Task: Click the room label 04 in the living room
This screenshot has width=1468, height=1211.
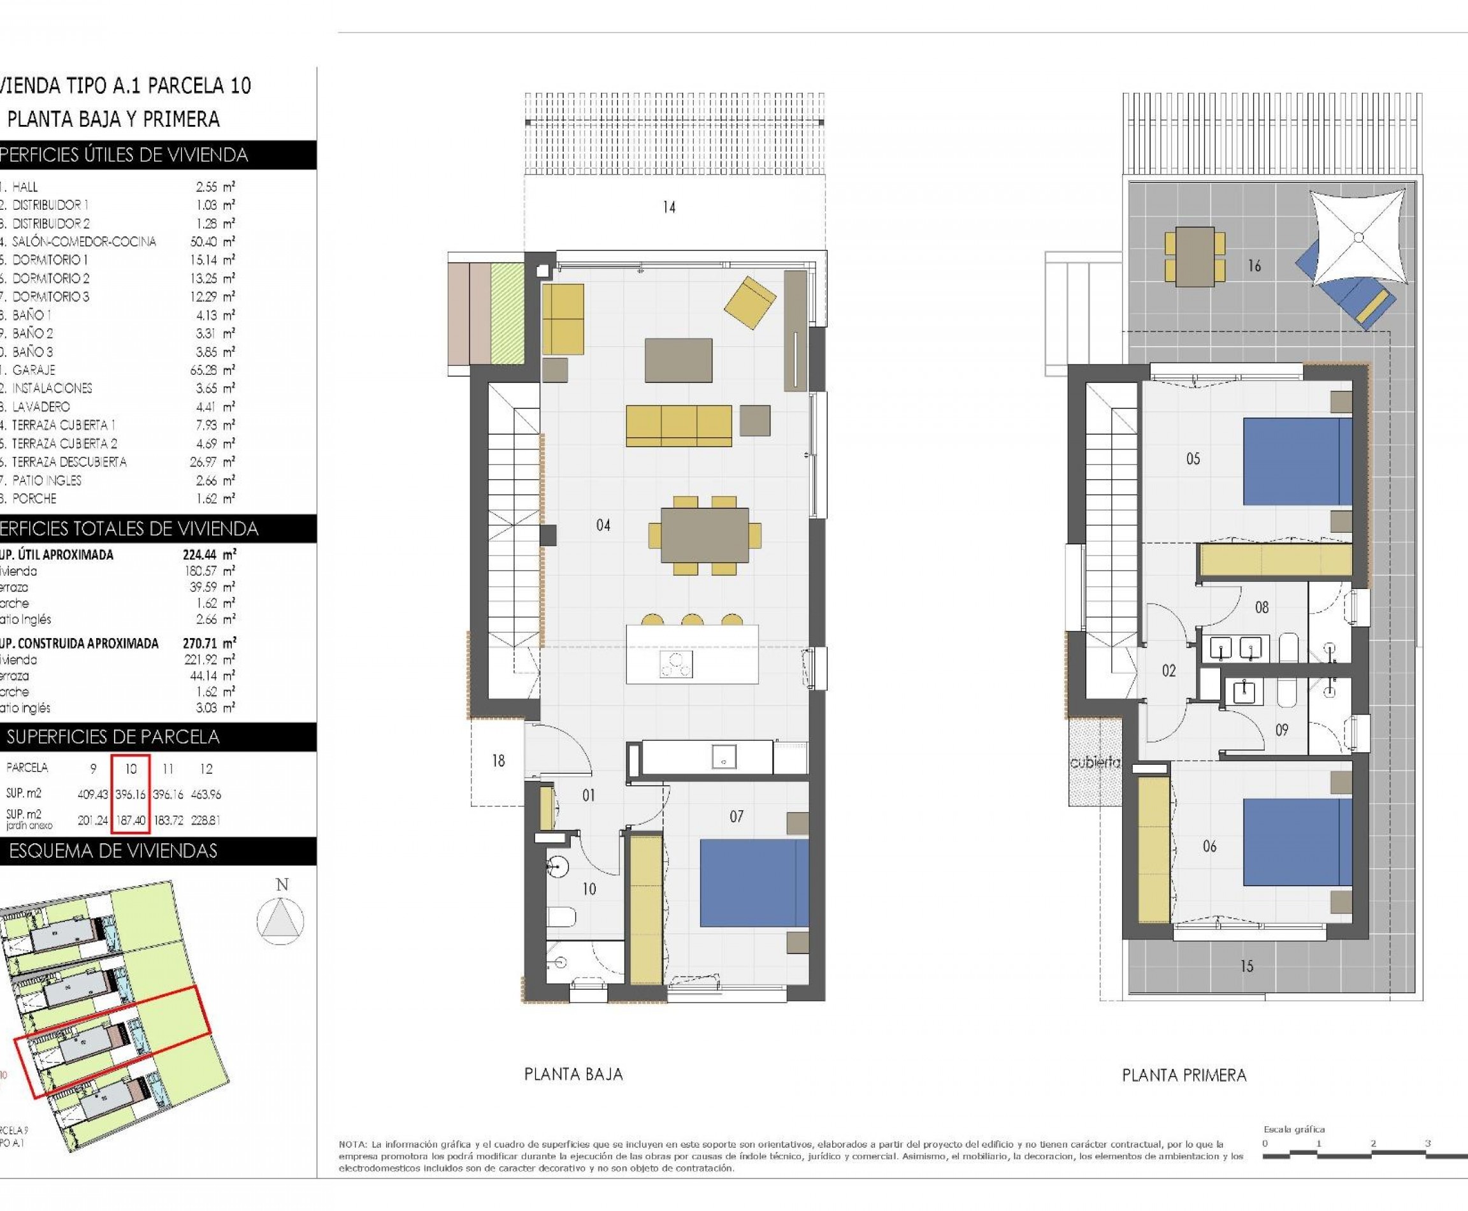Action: (603, 525)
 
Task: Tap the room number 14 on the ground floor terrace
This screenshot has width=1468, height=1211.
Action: (669, 207)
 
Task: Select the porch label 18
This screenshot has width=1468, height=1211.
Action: (498, 760)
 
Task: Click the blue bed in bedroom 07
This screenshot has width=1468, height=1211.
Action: (753, 883)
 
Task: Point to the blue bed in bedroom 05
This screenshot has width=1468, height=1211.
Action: (1297, 461)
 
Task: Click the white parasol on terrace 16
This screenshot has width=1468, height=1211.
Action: (1358, 237)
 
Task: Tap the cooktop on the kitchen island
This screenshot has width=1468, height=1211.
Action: (676, 665)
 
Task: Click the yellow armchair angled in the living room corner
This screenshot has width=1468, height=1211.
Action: (750, 302)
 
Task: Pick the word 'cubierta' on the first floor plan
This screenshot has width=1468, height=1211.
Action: (1095, 763)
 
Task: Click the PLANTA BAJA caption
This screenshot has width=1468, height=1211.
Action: (573, 1074)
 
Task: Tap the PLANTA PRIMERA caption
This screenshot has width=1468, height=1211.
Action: (1183, 1075)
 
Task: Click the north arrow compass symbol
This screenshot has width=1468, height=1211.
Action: (280, 921)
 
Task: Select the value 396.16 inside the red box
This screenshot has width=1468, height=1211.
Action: (131, 794)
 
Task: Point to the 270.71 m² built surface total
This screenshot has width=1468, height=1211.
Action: (208, 643)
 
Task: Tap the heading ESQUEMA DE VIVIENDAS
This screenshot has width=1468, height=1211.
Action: (113, 851)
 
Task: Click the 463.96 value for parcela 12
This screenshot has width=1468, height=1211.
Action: (206, 794)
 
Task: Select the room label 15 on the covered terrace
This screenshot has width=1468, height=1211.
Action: (1247, 966)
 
